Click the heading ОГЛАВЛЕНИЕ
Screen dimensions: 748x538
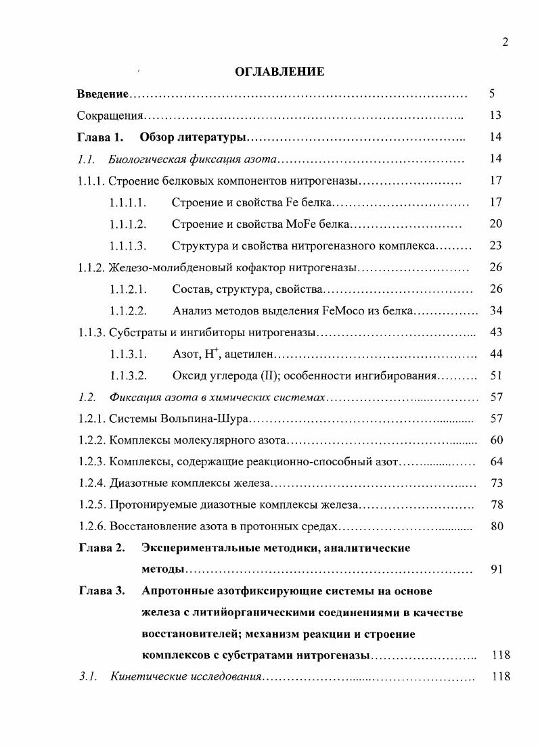click(x=279, y=72)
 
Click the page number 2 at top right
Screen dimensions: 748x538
click(x=505, y=43)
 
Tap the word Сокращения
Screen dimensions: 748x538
click(x=109, y=115)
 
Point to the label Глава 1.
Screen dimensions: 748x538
click(x=100, y=137)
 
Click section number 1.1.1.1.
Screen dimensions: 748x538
click(x=128, y=202)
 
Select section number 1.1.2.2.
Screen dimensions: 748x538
click(x=128, y=310)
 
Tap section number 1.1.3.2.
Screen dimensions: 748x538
click(x=128, y=375)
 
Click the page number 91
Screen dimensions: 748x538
click(x=496, y=569)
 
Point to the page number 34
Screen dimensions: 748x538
click(x=496, y=310)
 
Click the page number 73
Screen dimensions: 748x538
click(x=496, y=484)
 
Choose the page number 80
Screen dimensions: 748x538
click(x=496, y=526)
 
